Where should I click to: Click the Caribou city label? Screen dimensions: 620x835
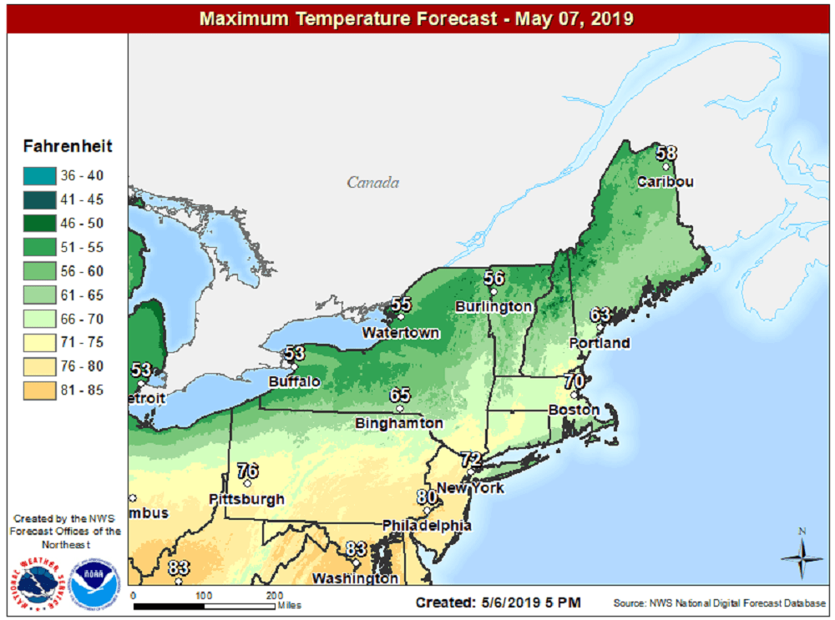(665, 182)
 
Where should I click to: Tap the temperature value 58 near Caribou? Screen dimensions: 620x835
(665, 154)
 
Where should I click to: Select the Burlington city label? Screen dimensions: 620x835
(493, 307)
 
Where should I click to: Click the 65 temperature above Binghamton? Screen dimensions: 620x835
(400, 396)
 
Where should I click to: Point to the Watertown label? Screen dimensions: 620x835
(401, 333)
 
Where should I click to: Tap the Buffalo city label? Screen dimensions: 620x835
(294, 381)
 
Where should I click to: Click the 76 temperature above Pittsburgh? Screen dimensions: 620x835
(247, 471)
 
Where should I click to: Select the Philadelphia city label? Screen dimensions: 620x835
(427, 526)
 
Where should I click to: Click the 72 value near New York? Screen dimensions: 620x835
(472, 459)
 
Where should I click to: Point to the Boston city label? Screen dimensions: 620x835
(574, 411)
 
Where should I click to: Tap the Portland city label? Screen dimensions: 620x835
(600, 343)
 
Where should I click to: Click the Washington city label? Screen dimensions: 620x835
(355, 577)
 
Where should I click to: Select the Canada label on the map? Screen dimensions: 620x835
(373, 183)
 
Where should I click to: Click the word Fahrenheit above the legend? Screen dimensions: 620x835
(68, 147)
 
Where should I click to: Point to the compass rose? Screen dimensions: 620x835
(802, 557)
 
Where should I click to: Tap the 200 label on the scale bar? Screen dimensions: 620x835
(274, 595)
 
